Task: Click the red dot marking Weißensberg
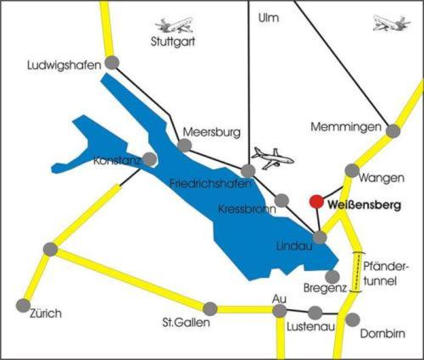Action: (316, 202)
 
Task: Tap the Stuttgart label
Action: (173, 40)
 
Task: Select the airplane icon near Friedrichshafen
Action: (272, 158)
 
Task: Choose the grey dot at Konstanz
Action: (149, 158)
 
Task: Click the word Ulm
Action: (267, 16)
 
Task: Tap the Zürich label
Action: (45, 313)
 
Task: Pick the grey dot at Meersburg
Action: (185, 146)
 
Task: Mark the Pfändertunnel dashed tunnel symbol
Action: (358, 272)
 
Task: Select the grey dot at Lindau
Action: (320, 238)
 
